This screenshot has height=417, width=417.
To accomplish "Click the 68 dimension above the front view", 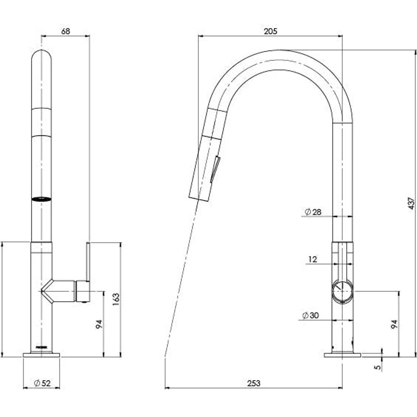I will coord(66,31).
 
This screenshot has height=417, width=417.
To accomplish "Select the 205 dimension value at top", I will coord(270,31).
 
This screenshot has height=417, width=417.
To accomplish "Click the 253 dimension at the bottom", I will coord(254,383).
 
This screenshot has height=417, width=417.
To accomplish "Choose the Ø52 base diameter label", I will coord(42,383).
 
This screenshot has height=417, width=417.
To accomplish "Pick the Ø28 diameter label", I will coord(313,212).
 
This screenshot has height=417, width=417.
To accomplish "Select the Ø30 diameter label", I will coord(311,315).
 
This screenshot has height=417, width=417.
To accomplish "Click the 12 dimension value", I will coord(313,259).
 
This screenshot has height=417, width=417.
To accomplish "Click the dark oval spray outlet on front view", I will coord(41,199).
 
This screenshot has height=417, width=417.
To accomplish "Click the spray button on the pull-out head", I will coord(215,169).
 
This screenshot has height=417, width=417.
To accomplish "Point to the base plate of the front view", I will coord(41,354).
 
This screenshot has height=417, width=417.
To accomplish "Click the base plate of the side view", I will coord(342,354).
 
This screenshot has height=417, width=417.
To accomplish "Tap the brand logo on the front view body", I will coord(41,347).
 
